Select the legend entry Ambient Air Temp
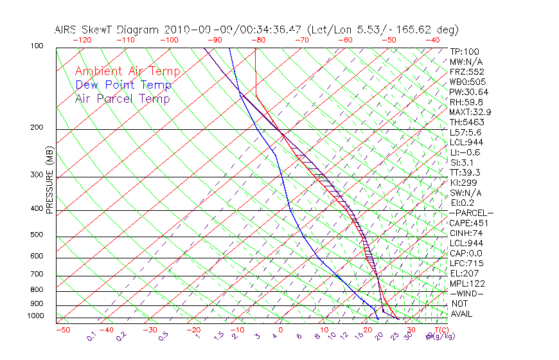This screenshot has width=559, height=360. click(x=127, y=71)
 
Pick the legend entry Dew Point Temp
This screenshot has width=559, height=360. click(x=123, y=85)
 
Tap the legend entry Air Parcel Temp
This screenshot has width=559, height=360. click(x=122, y=98)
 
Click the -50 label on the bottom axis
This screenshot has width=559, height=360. click(x=62, y=330)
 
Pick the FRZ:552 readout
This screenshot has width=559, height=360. click(x=466, y=71)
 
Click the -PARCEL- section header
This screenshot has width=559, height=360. click(x=471, y=213)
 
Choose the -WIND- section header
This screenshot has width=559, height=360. click(x=467, y=293)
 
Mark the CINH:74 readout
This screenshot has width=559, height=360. click(x=466, y=233)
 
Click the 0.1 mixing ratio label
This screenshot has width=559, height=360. click(x=92, y=336)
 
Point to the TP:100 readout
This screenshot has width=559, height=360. click(x=465, y=51)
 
